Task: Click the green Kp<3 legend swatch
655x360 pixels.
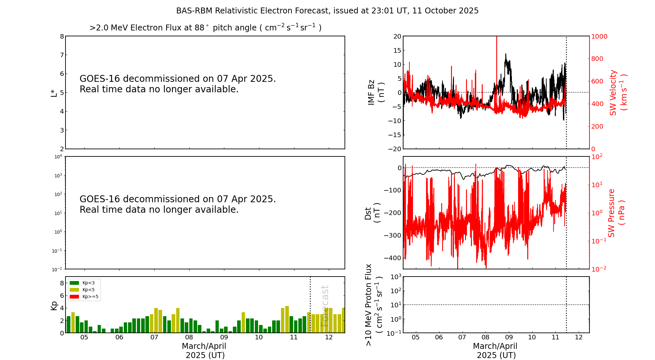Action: point(74,283)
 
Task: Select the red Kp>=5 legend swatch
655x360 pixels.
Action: point(74,297)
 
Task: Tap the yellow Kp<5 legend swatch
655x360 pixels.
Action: point(74,290)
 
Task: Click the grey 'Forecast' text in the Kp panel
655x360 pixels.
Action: point(325,306)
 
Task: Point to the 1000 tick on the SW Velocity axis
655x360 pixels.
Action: point(599,36)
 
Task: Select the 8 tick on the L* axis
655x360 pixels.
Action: point(62,36)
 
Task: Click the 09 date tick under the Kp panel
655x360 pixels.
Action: point(224,337)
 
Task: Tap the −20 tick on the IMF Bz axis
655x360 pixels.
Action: point(395,149)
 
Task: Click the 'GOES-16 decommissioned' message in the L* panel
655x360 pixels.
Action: point(178,84)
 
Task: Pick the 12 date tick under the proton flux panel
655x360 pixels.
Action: point(579,337)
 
